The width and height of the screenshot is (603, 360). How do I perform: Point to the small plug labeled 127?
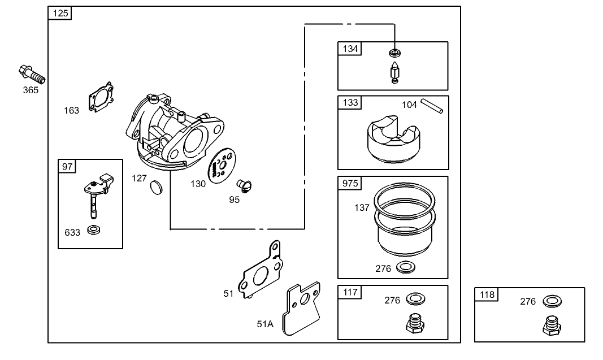click(x=156, y=188)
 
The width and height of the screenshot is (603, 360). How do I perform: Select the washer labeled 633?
click(x=93, y=231)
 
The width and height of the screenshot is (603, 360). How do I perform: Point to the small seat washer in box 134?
click(x=394, y=54)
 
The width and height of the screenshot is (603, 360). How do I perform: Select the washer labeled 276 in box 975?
click(x=405, y=267)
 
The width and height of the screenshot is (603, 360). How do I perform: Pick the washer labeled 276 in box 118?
click(x=551, y=301)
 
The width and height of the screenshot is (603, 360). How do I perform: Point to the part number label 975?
click(x=350, y=184)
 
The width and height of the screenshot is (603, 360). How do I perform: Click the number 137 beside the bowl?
click(x=362, y=208)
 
